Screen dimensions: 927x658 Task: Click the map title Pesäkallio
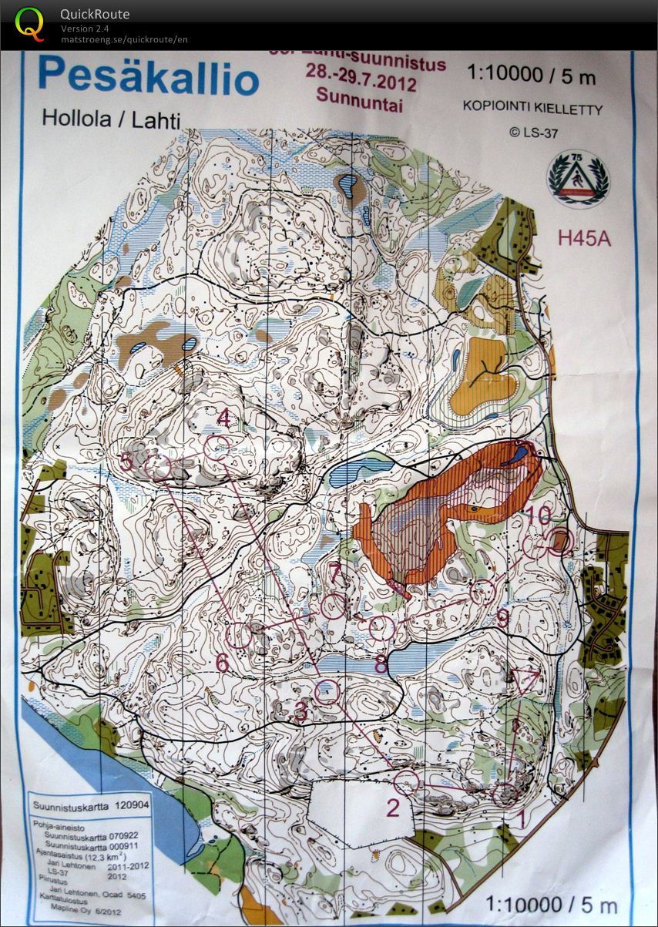point(148,78)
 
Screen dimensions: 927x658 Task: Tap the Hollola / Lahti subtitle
point(110,119)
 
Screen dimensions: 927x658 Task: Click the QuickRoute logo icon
point(30,24)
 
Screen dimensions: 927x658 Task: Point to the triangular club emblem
point(578,177)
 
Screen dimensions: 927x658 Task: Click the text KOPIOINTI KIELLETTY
point(532,108)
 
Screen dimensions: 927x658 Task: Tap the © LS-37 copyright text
point(533,133)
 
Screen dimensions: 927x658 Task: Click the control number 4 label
point(225,418)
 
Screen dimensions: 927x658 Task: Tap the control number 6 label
point(222,661)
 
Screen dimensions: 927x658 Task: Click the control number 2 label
point(393,808)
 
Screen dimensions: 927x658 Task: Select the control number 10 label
point(539,516)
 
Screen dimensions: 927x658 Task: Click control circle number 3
point(327,690)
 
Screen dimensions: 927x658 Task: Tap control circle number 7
point(334,606)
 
